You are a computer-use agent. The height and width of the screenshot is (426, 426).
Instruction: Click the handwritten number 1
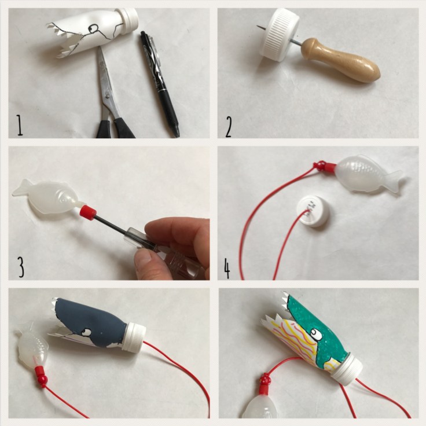coord(19,125)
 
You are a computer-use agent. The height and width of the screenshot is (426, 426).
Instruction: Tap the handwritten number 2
coord(229,127)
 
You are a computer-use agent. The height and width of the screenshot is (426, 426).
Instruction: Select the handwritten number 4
coord(227,269)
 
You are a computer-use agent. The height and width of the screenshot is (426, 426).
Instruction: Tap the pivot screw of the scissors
coord(108,96)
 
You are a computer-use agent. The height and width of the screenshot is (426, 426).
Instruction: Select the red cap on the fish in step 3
coord(88,211)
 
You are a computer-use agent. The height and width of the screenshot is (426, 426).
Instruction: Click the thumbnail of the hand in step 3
coord(144,259)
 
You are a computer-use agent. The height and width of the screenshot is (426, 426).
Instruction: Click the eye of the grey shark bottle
coord(87,332)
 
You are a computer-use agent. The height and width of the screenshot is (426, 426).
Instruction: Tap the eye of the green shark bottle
coord(315,333)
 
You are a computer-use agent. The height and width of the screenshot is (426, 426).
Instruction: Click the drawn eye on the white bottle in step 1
coord(94,28)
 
